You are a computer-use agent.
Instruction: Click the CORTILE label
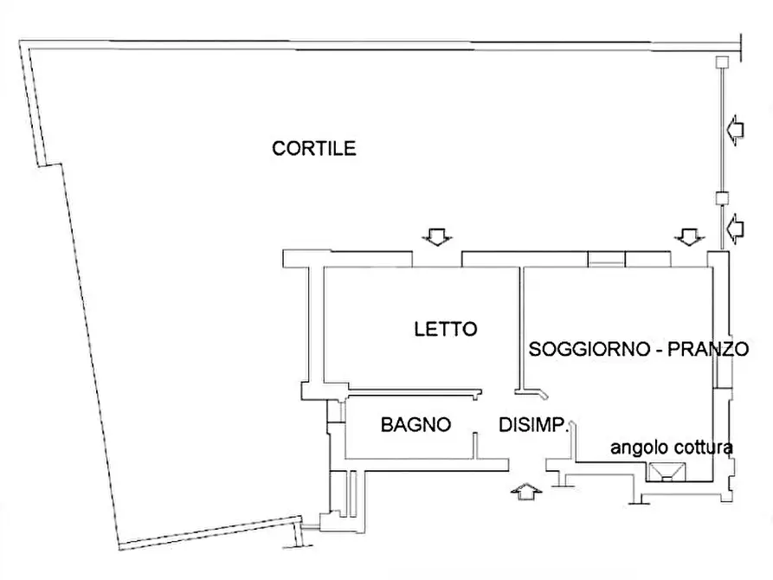[x=313, y=148]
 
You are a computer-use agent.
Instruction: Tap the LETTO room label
[x=445, y=329]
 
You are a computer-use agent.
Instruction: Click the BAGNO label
[x=415, y=425]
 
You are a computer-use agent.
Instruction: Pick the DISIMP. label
[x=533, y=425]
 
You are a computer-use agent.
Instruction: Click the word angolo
[x=639, y=448]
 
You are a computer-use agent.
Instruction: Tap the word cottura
[x=702, y=448]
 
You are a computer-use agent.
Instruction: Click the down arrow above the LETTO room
[x=435, y=235]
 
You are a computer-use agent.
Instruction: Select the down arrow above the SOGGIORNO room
[x=689, y=235]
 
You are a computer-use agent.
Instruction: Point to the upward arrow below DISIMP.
[x=525, y=491]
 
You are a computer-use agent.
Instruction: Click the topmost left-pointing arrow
[x=734, y=130]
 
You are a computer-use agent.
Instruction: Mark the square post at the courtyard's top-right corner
[x=721, y=61]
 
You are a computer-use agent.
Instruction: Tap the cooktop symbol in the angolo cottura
[x=667, y=472]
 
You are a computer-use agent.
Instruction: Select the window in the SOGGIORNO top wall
[x=606, y=258]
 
